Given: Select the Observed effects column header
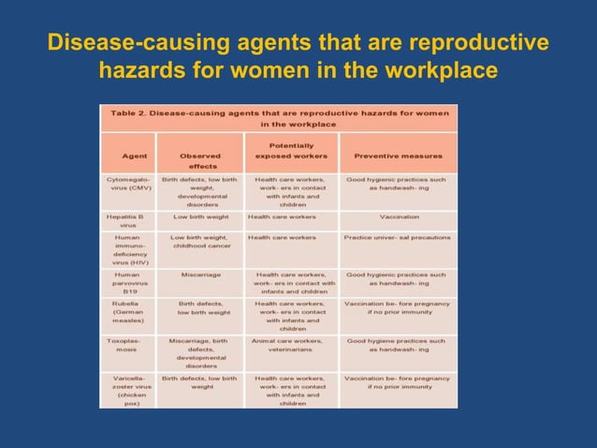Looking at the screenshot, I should (x=201, y=160).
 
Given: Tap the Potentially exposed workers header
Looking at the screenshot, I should (x=290, y=151).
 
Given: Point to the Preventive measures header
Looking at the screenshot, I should (x=398, y=156).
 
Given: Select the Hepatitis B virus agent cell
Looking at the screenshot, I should (x=128, y=221).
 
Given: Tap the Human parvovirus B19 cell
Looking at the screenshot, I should (x=128, y=284).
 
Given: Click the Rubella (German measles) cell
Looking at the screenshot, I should (x=128, y=316).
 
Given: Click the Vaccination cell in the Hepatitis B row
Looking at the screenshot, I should (x=398, y=217).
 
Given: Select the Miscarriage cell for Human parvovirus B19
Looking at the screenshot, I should (x=201, y=275).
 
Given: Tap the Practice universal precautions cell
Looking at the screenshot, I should (x=398, y=237).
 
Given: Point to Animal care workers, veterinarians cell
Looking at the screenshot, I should (x=290, y=346).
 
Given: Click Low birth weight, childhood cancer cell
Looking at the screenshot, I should (x=201, y=242).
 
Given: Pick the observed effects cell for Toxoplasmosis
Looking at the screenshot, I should (x=201, y=353).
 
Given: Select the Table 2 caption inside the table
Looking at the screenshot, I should (x=279, y=118).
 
